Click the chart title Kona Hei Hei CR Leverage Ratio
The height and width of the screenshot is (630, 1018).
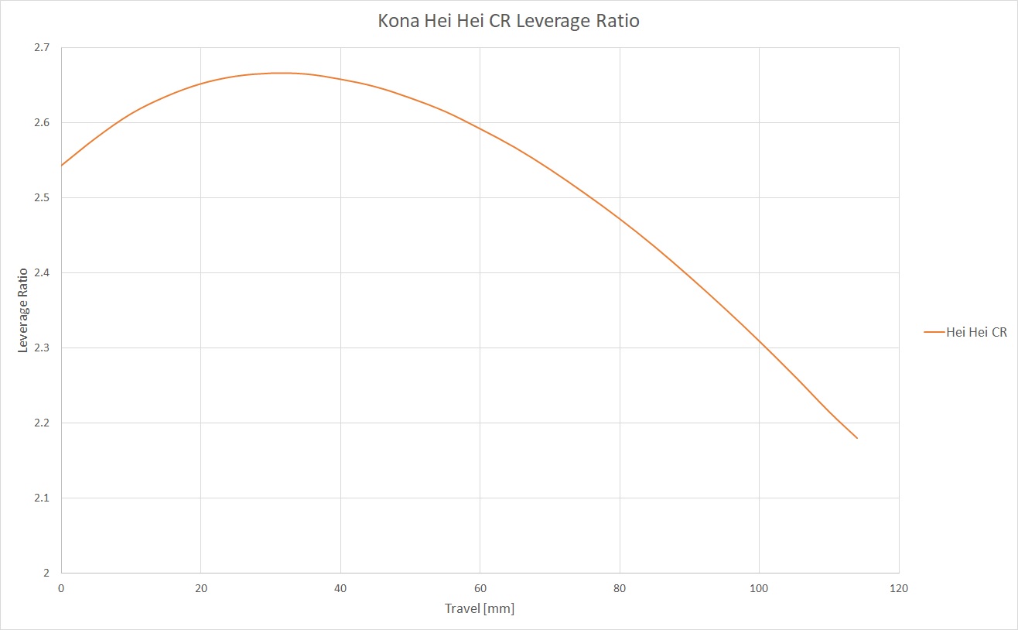(508, 21)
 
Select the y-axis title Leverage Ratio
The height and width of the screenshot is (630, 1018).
(23, 310)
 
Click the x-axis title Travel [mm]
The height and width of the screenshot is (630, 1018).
(480, 608)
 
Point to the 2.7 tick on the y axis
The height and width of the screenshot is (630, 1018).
(43, 48)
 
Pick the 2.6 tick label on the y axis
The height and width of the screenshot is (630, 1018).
(43, 123)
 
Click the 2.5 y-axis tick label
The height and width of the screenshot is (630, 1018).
(43, 198)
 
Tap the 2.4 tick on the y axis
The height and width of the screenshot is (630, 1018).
(43, 273)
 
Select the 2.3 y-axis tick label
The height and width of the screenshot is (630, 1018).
(43, 348)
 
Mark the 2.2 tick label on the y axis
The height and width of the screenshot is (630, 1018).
(43, 423)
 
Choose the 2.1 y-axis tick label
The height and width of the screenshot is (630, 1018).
(43, 498)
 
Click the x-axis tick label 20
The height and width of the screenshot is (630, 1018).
(201, 588)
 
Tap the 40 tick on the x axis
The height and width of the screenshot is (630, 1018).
(340, 588)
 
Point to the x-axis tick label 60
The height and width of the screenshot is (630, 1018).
(480, 588)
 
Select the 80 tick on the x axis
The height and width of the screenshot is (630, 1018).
(620, 588)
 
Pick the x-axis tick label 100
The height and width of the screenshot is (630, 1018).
(759, 588)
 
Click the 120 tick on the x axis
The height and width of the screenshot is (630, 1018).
(899, 588)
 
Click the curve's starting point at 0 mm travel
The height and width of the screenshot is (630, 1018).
(62, 165)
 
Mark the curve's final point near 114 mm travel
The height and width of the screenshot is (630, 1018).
(857, 438)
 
